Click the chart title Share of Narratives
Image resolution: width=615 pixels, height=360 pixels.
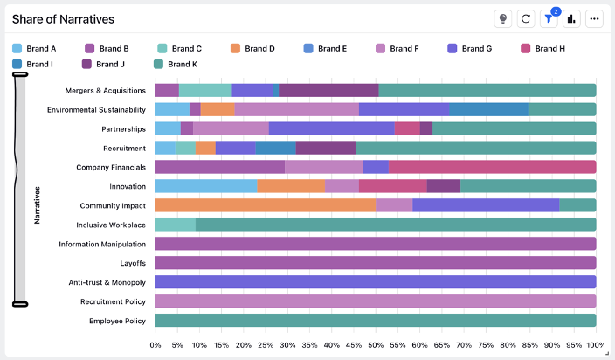63,19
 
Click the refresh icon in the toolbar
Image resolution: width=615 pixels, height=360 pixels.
526,19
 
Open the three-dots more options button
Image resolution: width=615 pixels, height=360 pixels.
595,19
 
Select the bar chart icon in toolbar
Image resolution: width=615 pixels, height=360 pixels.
572,19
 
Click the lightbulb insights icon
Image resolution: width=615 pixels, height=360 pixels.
503,19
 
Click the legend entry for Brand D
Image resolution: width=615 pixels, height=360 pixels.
252,49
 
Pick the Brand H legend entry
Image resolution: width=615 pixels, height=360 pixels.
543,49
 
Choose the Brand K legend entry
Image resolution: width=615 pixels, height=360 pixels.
174,64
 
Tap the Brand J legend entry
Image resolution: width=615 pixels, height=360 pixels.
101,64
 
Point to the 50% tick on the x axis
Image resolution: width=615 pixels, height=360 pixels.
376,344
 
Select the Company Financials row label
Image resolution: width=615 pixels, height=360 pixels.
111,167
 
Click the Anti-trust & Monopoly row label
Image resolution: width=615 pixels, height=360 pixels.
107,282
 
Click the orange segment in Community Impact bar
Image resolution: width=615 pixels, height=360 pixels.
265,205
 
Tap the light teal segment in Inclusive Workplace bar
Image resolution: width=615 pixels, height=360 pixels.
175,225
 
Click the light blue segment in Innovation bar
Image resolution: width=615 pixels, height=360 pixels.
205,186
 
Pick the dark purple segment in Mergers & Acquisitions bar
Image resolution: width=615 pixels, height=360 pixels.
328,90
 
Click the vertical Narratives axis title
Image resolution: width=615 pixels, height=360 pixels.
38,204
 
